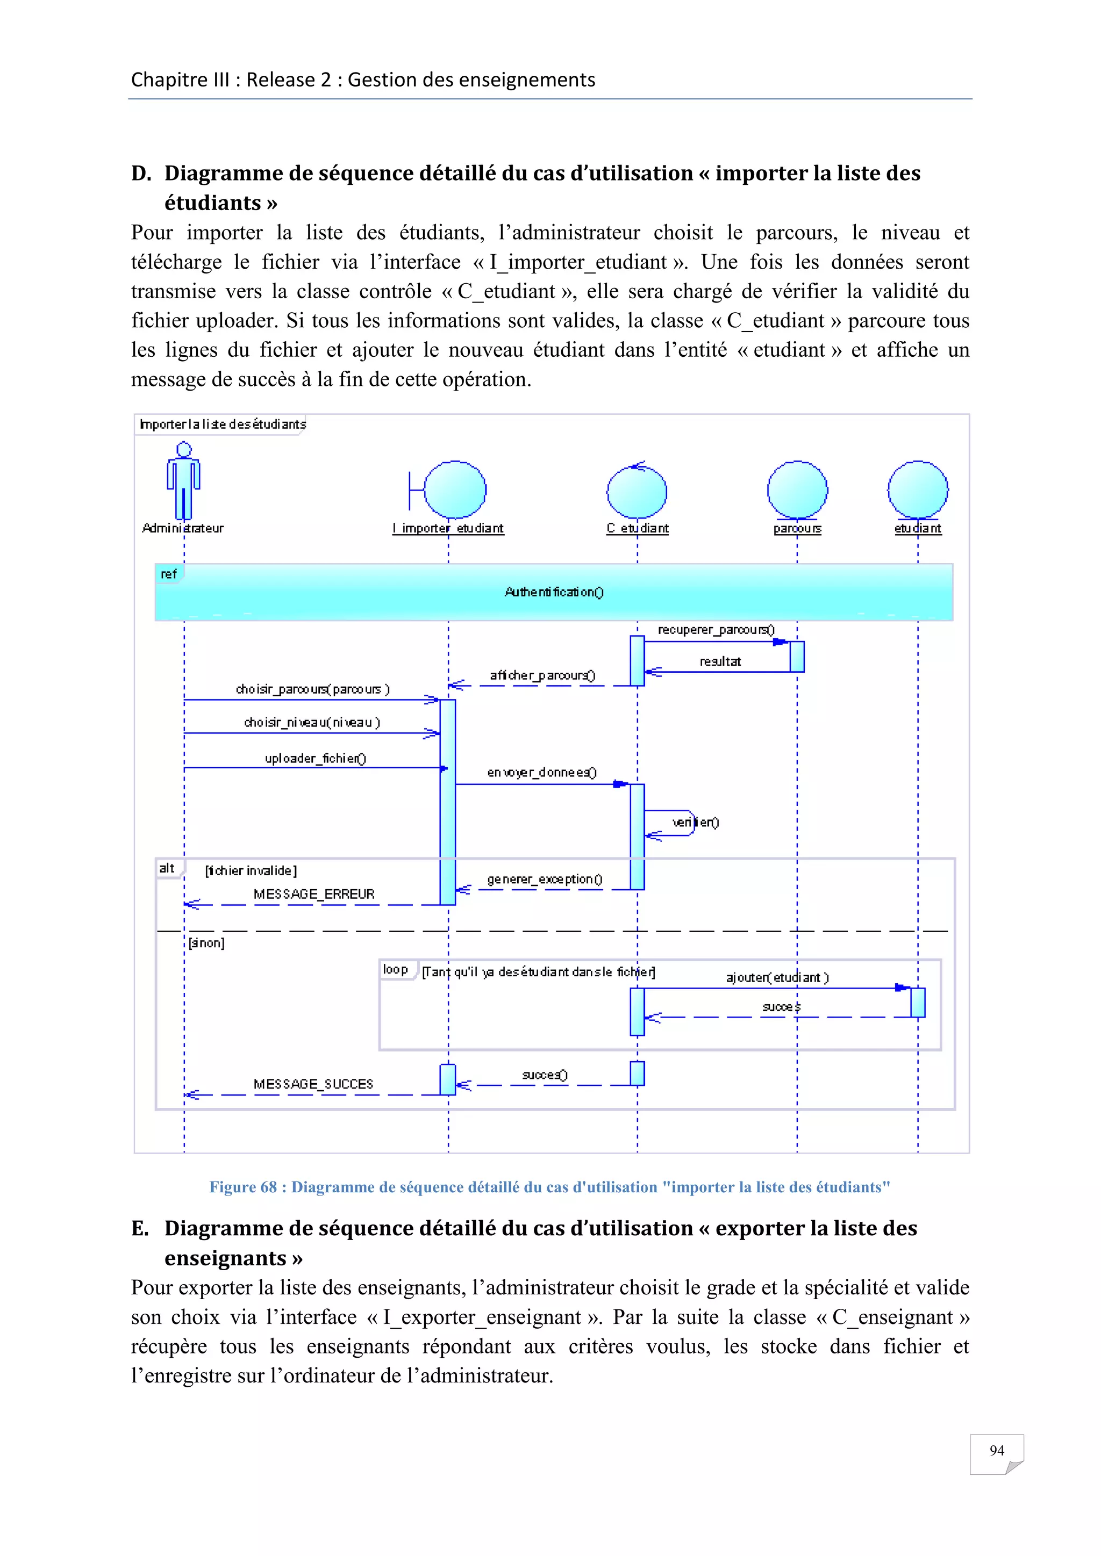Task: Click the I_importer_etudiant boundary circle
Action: pos(455,489)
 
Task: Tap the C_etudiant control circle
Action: pos(637,492)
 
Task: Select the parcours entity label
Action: pos(797,528)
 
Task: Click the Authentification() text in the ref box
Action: pos(554,592)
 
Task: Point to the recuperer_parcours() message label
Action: pos(716,630)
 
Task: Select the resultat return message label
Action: pos(720,661)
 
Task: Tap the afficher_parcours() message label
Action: pos(542,675)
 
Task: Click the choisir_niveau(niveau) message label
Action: pos(312,723)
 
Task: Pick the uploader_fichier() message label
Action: pos(315,758)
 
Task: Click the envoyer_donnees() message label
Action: pos(542,772)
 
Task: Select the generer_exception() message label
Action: pos(545,879)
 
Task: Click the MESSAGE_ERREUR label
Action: pos(314,894)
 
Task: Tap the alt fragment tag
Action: pos(167,868)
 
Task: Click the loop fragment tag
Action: pos(395,969)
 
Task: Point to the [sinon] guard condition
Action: pos(206,943)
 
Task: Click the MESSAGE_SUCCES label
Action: pos(313,1084)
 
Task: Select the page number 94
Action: pos(996,1450)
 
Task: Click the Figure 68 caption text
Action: pos(549,1187)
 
